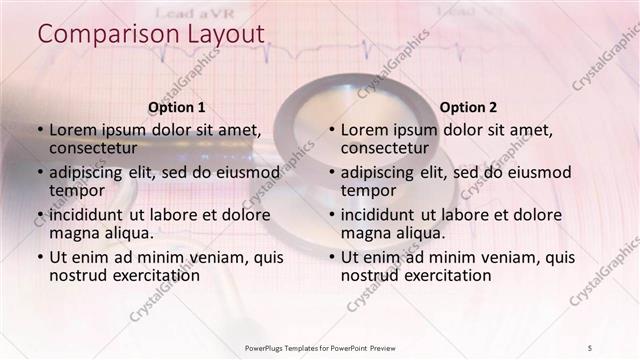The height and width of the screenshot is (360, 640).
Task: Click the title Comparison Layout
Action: (151, 34)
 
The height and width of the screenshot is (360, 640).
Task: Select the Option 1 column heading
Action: (177, 107)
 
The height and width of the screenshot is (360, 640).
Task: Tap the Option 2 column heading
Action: (468, 107)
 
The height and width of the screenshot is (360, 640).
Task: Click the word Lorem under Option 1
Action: (72, 130)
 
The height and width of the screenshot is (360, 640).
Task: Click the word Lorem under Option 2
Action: (364, 130)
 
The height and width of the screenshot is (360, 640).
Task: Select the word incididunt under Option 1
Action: (88, 215)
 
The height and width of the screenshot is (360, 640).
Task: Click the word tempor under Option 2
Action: (365, 190)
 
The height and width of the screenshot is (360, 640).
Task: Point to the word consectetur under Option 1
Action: (95, 148)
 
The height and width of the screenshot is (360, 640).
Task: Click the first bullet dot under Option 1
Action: (40, 131)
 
